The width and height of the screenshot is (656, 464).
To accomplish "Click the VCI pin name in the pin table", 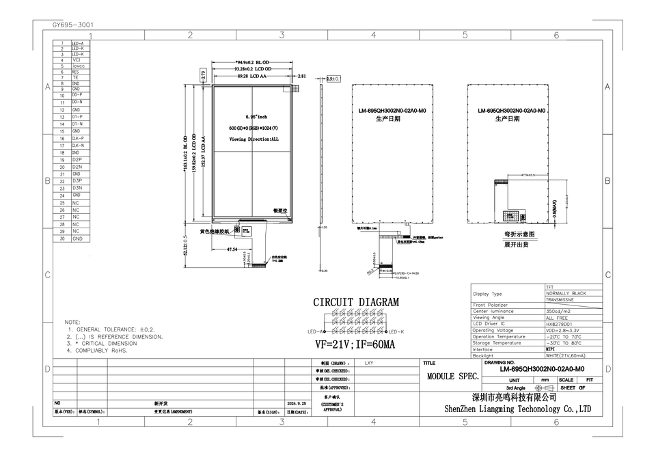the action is tap(77, 60).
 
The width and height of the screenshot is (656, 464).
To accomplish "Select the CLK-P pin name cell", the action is tap(78, 139).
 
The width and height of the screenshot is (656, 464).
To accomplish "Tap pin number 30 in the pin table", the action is tap(61, 238).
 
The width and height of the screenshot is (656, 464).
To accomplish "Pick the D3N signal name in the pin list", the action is tap(77, 188).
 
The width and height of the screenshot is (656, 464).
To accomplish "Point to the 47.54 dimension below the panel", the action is tap(232, 250).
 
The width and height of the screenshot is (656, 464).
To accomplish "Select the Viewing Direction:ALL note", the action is tap(254, 139).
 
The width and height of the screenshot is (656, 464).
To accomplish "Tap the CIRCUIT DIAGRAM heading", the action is tap(356, 302).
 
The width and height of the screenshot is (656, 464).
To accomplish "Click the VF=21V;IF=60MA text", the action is tap(355, 344).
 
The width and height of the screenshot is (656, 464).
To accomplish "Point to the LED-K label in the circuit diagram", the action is tap(396, 331).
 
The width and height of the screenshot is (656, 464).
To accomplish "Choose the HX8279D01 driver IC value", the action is tap(559, 324).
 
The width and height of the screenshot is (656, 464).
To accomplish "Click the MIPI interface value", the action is tap(551, 349).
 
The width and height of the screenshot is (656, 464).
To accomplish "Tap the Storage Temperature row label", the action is tap(497, 343).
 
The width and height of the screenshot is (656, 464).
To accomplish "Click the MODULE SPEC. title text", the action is tap(453, 376).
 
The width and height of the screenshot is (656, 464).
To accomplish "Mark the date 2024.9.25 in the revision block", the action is tap(295, 403).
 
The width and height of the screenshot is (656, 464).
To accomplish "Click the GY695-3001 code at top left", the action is tap(73, 25).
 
